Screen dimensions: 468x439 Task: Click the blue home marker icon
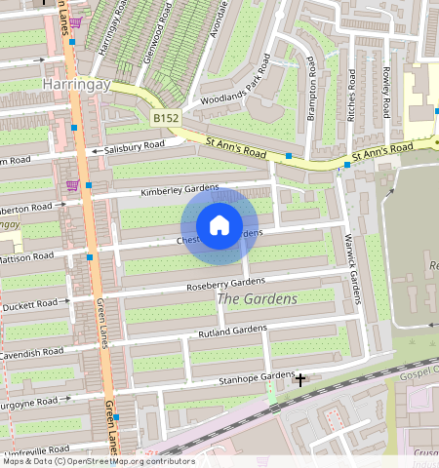coord(219,226)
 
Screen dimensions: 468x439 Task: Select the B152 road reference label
coord(167,118)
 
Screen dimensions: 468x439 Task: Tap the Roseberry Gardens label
coord(225,284)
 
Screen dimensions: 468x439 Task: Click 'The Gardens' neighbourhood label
coord(257,299)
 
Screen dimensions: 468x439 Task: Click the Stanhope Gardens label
coord(255,376)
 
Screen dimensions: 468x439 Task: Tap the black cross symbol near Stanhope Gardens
coord(300,378)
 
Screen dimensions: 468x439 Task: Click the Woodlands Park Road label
coord(235,87)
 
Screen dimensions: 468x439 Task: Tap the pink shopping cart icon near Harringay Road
coord(74,22)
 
